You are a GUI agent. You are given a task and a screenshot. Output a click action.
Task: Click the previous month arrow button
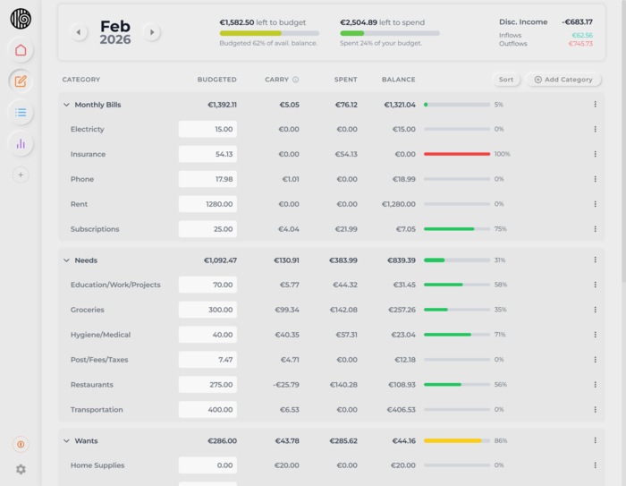pyautogui.click(x=79, y=32)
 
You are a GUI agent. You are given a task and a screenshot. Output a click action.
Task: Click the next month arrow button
pyautogui.click(x=152, y=32)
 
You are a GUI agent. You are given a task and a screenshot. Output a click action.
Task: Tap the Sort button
pyautogui.click(x=506, y=80)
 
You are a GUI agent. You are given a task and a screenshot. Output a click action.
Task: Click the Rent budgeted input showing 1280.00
pyautogui.click(x=207, y=204)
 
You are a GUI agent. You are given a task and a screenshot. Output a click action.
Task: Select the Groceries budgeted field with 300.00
pyautogui.click(x=207, y=310)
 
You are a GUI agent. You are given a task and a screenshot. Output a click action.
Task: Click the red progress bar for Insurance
pyautogui.click(x=457, y=154)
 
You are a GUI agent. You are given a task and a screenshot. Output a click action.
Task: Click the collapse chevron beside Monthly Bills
pyautogui.click(x=66, y=105)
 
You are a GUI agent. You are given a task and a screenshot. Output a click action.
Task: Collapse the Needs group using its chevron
pyautogui.click(x=66, y=260)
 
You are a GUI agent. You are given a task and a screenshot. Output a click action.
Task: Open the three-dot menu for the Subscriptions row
pyautogui.click(x=595, y=229)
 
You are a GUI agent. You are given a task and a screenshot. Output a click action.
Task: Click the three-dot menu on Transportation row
pyautogui.click(x=595, y=410)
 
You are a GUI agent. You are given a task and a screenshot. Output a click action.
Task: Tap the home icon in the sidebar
pyautogui.click(x=21, y=50)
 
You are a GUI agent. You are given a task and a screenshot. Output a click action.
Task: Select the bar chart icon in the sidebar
pyautogui.click(x=21, y=143)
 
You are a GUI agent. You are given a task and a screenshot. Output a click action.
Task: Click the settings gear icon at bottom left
pyautogui.click(x=21, y=469)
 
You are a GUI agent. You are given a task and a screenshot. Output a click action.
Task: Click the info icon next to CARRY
pyautogui.click(x=296, y=80)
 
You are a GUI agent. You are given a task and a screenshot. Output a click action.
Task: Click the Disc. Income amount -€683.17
pyautogui.click(x=577, y=21)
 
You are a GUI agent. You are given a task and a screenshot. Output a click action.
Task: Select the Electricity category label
pyautogui.click(x=88, y=129)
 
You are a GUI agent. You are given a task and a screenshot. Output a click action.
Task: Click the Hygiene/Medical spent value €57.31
pyautogui.click(x=343, y=335)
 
